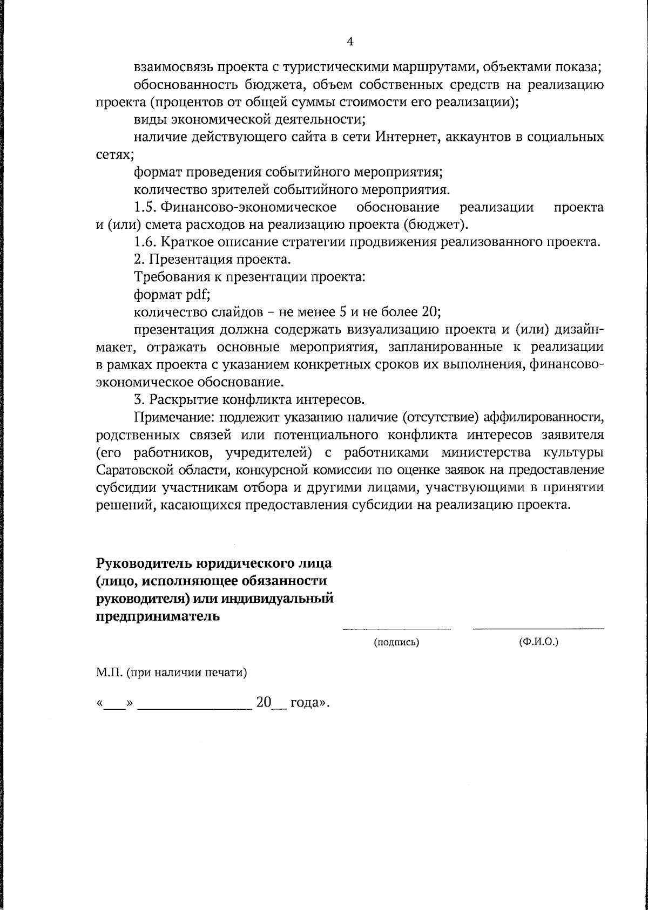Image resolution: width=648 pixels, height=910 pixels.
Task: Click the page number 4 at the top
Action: [x=350, y=42]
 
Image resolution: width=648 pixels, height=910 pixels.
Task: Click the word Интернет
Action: [x=400, y=137]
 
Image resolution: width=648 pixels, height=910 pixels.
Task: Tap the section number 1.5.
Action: [x=145, y=207]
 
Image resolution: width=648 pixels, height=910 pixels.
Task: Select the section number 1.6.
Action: [x=145, y=242]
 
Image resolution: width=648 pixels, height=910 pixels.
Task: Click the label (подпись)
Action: [x=397, y=643]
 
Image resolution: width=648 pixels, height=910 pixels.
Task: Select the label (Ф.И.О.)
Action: [x=538, y=642]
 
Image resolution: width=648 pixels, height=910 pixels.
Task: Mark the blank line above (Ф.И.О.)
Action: [x=538, y=628]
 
